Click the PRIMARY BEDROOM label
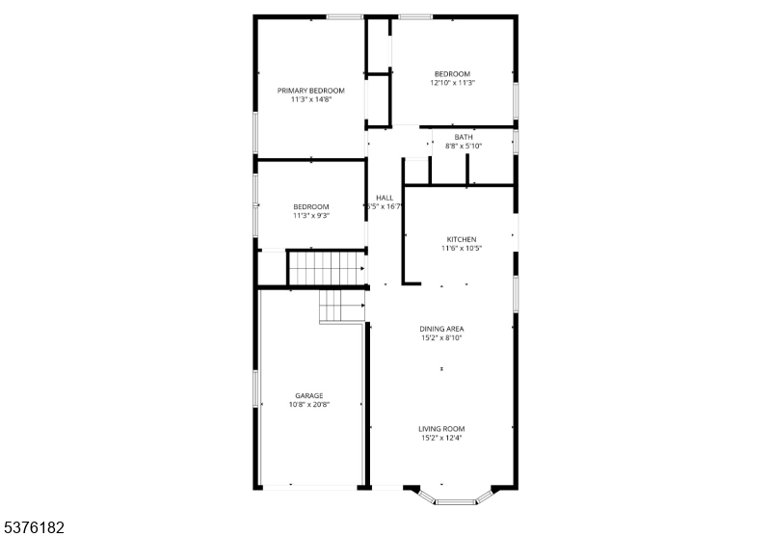click(x=310, y=91)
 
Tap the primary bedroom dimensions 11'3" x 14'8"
click(x=311, y=99)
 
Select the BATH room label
click(x=464, y=137)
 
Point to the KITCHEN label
click(x=462, y=239)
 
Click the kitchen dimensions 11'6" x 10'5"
click(x=462, y=249)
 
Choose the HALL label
click(x=385, y=198)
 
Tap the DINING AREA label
click(x=441, y=329)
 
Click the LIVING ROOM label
click(x=441, y=429)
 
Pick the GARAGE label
click(x=309, y=396)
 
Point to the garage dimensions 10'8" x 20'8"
click(x=309, y=405)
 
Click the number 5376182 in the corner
click(x=33, y=528)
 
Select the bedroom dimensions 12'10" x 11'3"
click(x=452, y=83)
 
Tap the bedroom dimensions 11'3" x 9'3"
click(x=311, y=215)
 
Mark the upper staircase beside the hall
click(x=327, y=268)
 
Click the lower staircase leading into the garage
click(x=342, y=306)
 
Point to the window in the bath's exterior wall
click(x=516, y=142)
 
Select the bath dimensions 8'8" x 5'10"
click(x=464, y=146)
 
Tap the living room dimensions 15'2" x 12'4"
click(x=441, y=438)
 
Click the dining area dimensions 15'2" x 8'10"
click(x=441, y=337)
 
